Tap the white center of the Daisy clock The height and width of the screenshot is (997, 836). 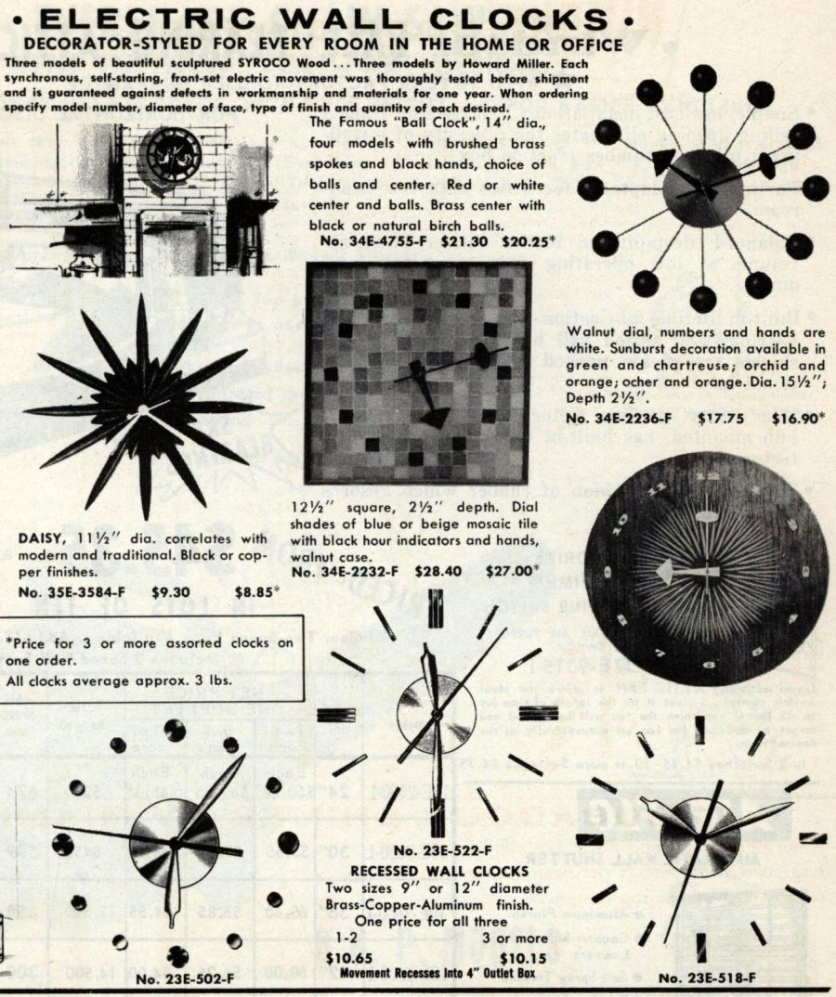click(x=143, y=409)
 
